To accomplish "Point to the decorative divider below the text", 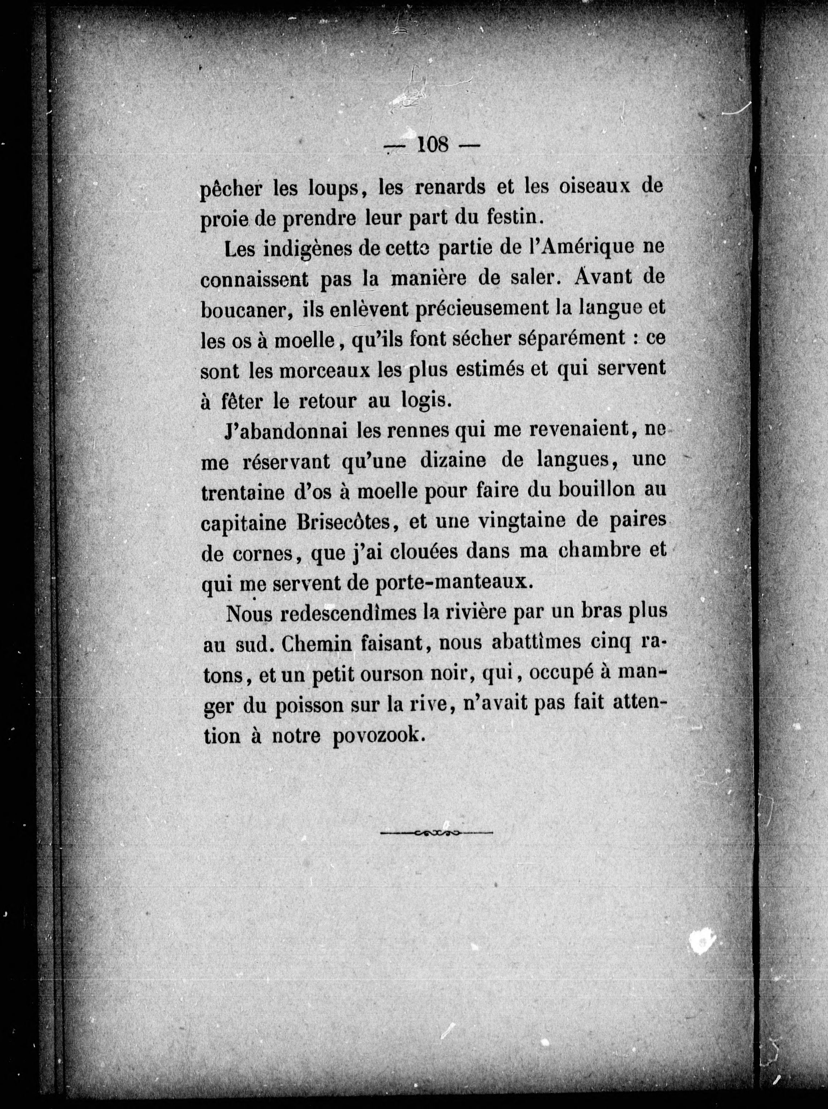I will click(x=437, y=833).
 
